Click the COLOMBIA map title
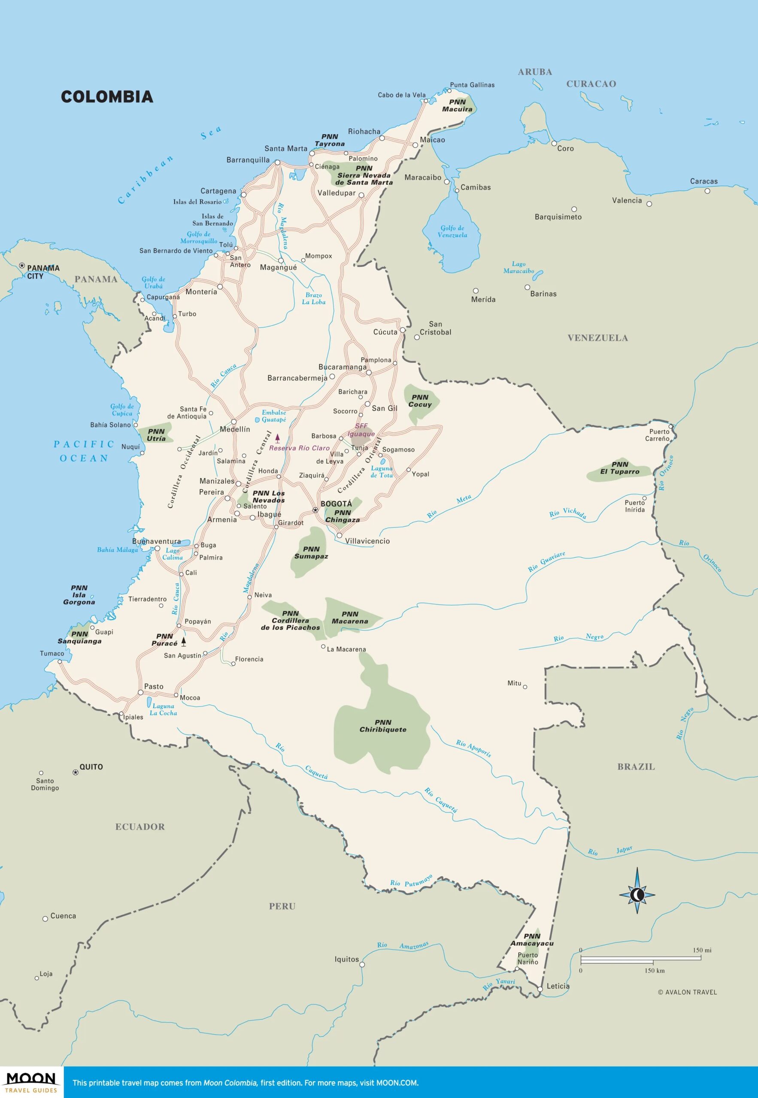coord(107,97)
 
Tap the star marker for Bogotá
coord(315,510)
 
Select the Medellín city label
coord(235,429)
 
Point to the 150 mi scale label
coord(702,950)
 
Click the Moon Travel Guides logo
coord(31,1082)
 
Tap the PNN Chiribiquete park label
coord(383,726)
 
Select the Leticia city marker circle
coord(540,989)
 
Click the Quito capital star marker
coord(75,772)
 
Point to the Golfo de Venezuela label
coord(452,232)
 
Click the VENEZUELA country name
coord(597,338)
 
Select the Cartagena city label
coord(218,191)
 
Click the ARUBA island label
coord(535,72)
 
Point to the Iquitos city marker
coord(362,964)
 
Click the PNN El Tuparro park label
coord(620,468)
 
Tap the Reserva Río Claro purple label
coord(299,448)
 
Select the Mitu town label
coord(514,683)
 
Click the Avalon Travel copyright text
coord(687,992)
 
